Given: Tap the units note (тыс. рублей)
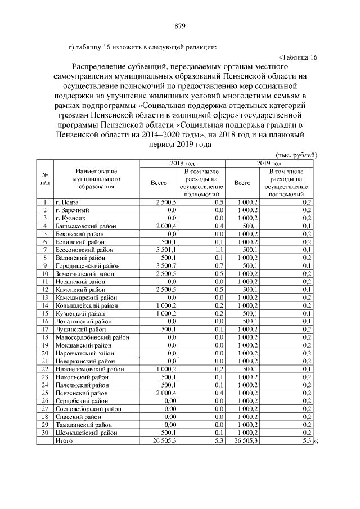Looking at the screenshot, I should point(297,155).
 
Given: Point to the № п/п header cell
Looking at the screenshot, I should point(44,178).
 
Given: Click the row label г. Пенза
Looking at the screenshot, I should point(66,201).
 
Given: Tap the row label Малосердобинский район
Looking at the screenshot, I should point(92,337).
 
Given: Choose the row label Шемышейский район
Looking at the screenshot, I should point(86,433).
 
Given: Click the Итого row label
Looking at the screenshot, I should point(64,441).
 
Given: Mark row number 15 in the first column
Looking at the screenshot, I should point(44,313).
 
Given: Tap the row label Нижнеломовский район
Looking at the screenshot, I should point(89,369).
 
